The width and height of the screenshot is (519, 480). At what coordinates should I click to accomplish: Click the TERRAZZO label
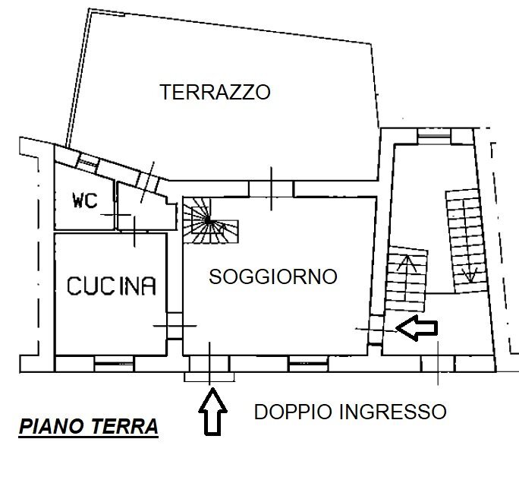pyautogui.click(x=215, y=93)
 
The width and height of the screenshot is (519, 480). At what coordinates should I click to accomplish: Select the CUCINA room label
pyautogui.click(x=112, y=286)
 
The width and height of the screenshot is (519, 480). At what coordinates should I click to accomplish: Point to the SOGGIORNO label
pyautogui.click(x=272, y=276)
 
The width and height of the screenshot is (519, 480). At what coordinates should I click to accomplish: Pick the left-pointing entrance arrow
pyautogui.click(x=418, y=328)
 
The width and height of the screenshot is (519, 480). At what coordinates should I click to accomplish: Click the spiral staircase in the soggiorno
pyautogui.click(x=209, y=222)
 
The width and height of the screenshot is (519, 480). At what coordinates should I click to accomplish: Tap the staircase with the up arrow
pyautogui.click(x=407, y=277)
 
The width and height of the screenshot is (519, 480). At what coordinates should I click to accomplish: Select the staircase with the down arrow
pyautogui.click(x=464, y=237)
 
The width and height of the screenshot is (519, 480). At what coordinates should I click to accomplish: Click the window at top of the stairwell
pyautogui.click(x=433, y=136)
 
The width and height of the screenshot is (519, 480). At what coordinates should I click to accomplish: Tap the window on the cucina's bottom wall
pyautogui.click(x=114, y=365)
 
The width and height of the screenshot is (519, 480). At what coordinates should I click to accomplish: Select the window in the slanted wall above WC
pyautogui.click(x=89, y=160)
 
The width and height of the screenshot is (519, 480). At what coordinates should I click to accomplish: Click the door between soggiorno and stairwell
pyautogui.click(x=374, y=328)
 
